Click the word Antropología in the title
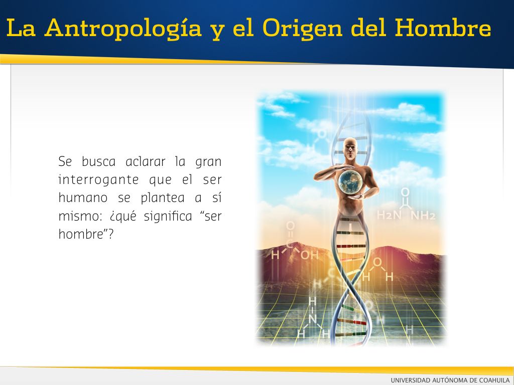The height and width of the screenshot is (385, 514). click(x=123, y=29)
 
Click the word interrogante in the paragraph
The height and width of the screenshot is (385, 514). click(x=99, y=180)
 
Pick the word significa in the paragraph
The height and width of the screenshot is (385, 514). click(x=168, y=217)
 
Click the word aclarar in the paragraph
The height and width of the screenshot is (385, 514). click(x=146, y=162)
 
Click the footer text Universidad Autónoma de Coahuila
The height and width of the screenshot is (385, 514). click(x=450, y=380)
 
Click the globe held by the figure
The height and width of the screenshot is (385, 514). click(x=350, y=182)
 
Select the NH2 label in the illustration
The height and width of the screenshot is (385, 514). click(x=423, y=215)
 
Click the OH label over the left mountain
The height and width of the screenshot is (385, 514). click(x=309, y=255)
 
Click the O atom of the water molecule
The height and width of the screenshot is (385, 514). click(x=377, y=262)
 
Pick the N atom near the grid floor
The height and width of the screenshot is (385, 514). click(x=312, y=318)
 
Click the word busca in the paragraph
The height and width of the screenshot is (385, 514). click(x=98, y=162)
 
